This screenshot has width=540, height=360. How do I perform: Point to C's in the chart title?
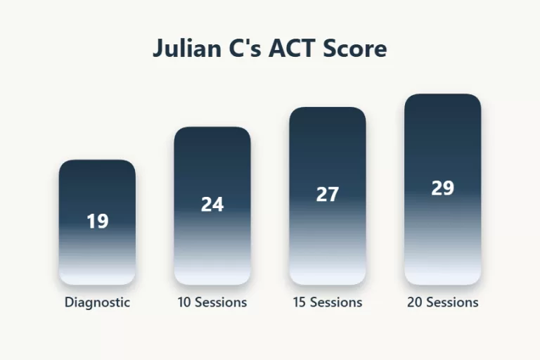point(243,50)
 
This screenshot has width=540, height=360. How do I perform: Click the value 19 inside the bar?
point(97,221)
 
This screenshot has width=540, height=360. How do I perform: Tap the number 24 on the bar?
point(212,205)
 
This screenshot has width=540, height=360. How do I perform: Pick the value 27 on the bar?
point(328,195)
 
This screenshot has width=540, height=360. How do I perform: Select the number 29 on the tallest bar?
point(442,188)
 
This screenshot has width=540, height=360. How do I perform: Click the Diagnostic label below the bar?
point(97,302)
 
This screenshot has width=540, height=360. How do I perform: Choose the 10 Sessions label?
point(212,302)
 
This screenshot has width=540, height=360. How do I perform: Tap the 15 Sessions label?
point(328,302)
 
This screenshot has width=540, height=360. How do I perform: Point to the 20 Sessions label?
point(442,302)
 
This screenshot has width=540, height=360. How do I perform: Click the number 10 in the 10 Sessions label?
point(184,302)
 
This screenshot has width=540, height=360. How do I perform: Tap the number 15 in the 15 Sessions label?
point(300,302)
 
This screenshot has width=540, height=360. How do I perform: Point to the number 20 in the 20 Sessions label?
point(414,302)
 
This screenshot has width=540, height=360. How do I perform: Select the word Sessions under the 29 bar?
point(451,302)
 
